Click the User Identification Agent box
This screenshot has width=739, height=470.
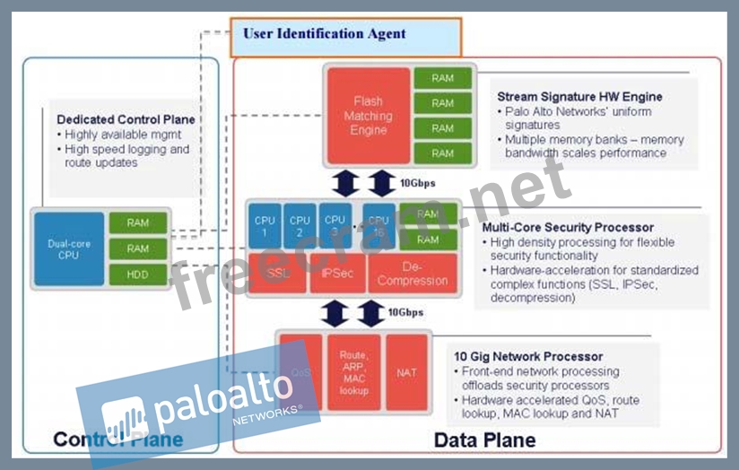pos(346,36)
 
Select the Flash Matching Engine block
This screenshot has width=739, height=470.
pos(368,117)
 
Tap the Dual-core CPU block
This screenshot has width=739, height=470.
pos(69,248)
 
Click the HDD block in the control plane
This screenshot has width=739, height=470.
pos(137,274)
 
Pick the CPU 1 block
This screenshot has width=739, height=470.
pos(265,225)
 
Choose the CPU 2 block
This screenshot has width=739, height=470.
pos(300,225)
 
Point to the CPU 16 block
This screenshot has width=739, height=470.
pos(378,225)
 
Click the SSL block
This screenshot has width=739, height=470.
pos(277,274)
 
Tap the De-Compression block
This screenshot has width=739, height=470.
pos(412,274)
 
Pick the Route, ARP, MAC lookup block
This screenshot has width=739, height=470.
pos(353,371)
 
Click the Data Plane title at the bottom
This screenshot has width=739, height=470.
pos(484,440)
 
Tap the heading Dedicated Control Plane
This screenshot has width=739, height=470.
pos(126,119)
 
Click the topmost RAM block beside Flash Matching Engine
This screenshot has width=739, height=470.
pos(442,78)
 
